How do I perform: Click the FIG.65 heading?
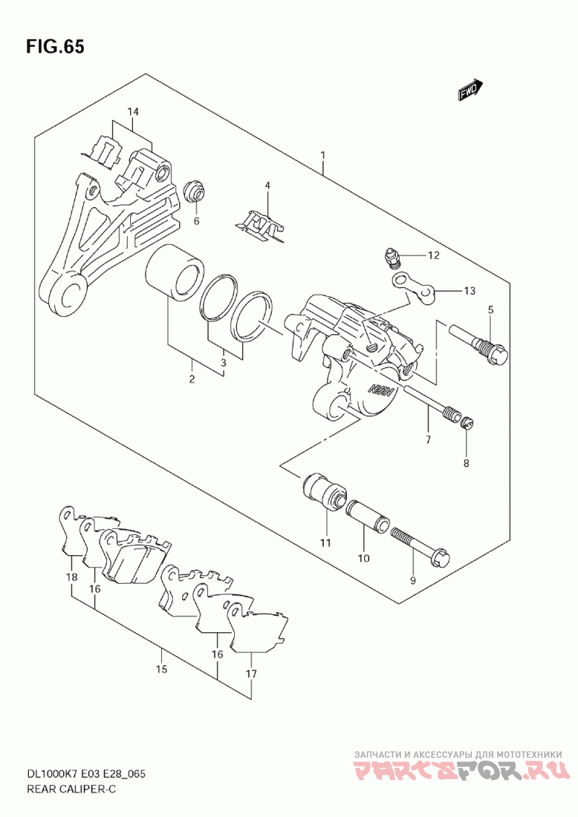55,47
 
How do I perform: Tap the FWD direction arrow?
469,89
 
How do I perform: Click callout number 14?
133,111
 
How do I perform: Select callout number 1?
323,154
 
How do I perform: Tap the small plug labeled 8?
467,424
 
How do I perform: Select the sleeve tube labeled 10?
368,515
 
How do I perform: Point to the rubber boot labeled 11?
324,491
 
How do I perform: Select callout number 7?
428,439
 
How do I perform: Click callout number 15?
161,669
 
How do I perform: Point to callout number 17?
251,675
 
